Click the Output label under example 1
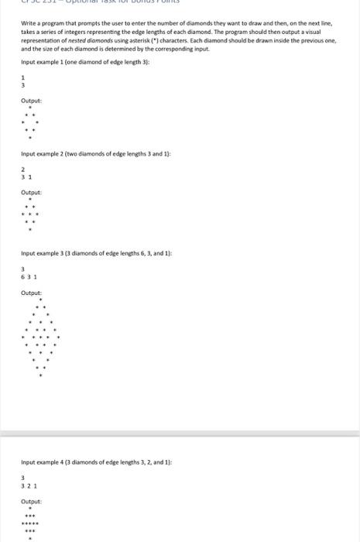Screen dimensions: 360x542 tap(32, 100)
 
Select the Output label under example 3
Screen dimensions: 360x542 tap(32, 292)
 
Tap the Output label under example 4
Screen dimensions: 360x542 tap(32, 501)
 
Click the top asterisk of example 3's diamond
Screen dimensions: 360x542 tap(40, 299)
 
